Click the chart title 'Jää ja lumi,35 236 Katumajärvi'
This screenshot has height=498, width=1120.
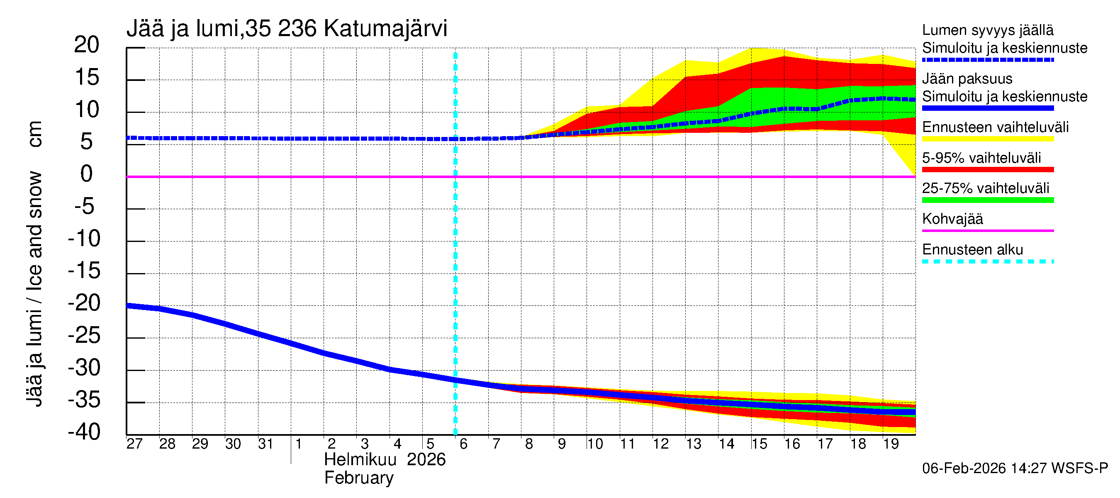pyautogui.click(x=287, y=29)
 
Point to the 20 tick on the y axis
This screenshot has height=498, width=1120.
pyautogui.click(x=87, y=45)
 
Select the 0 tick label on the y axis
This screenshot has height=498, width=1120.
pyautogui.click(x=87, y=173)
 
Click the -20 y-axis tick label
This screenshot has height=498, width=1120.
pyautogui.click(x=84, y=303)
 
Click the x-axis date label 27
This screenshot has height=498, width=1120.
pyautogui.click(x=134, y=444)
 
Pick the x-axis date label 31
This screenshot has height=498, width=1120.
pyautogui.click(x=265, y=444)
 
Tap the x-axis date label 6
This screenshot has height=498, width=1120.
pyautogui.click(x=463, y=444)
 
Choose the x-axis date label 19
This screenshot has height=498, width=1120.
pyautogui.click(x=891, y=444)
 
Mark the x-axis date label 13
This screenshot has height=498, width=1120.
pyautogui.click(x=694, y=444)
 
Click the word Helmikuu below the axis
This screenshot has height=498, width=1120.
pyautogui.click(x=360, y=460)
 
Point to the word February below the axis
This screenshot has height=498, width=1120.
pyautogui.click(x=359, y=478)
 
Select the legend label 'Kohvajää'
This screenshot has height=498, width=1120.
pyautogui.click(x=952, y=219)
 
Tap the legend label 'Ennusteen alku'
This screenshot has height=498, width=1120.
pyautogui.click(x=973, y=250)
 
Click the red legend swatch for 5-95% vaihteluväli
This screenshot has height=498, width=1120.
pyautogui.click(x=987, y=170)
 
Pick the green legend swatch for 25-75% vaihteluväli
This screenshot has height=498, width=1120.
pyautogui.click(x=987, y=200)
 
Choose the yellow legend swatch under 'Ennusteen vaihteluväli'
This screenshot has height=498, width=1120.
pyautogui.click(x=987, y=139)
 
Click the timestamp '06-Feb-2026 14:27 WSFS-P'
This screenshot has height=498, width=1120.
pyautogui.click(x=1015, y=468)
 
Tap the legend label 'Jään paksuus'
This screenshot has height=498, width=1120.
pyautogui.click(x=967, y=79)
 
